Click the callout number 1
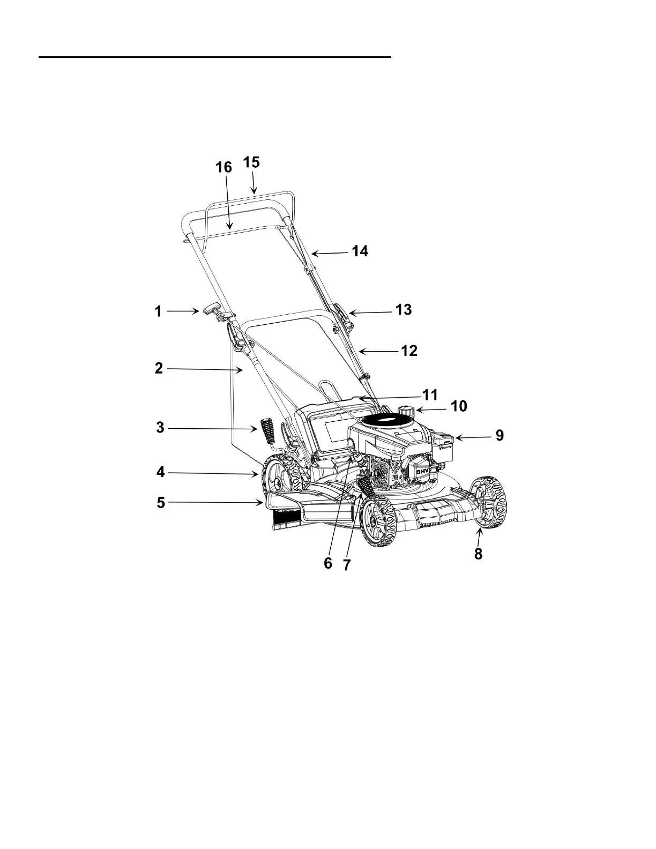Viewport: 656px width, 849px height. tap(158, 312)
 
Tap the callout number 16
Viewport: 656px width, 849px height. tap(224, 167)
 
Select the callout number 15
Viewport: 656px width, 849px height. tap(251, 162)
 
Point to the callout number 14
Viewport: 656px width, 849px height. tap(360, 251)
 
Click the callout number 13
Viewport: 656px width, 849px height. tap(403, 310)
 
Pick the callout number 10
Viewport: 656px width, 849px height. tap(459, 406)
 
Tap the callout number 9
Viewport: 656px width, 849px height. tap(500, 435)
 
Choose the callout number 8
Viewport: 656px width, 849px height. tap(478, 554)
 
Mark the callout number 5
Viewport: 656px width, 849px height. tap(161, 503)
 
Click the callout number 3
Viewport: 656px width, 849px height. tap(160, 428)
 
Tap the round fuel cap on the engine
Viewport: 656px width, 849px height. tap(407, 411)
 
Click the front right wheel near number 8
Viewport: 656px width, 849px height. tap(488, 503)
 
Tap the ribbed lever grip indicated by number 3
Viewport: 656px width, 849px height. tap(267, 429)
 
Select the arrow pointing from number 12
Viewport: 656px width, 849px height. tap(378, 351)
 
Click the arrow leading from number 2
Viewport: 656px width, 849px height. tap(206, 369)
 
